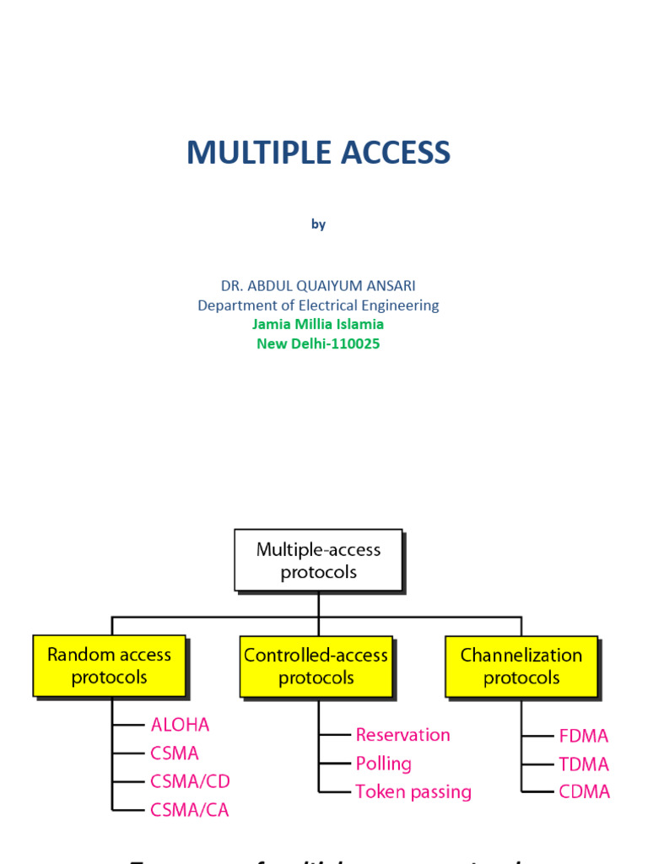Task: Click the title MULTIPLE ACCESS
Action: (318, 153)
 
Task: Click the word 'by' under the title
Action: (318, 224)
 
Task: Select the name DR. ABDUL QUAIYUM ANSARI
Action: (318, 286)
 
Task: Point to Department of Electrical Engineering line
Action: (318, 305)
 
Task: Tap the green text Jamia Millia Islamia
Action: (318, 324)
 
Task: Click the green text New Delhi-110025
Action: (318, 343)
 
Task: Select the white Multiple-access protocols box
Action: (318, 560)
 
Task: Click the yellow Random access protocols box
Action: (109, 666)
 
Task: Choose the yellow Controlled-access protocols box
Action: (316, 666)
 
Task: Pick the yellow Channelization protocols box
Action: (521, 666)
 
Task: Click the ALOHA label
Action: (180, 725)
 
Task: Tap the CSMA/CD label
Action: (190, 781)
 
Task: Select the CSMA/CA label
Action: (190, 810)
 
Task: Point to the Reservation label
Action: (402, 735)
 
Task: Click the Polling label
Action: (383, 764)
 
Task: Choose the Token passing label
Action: (413, 792)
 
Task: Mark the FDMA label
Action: (583, 736)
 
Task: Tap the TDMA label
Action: (583, 764)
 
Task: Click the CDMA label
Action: (584, 792)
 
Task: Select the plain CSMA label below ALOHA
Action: (175, 753)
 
